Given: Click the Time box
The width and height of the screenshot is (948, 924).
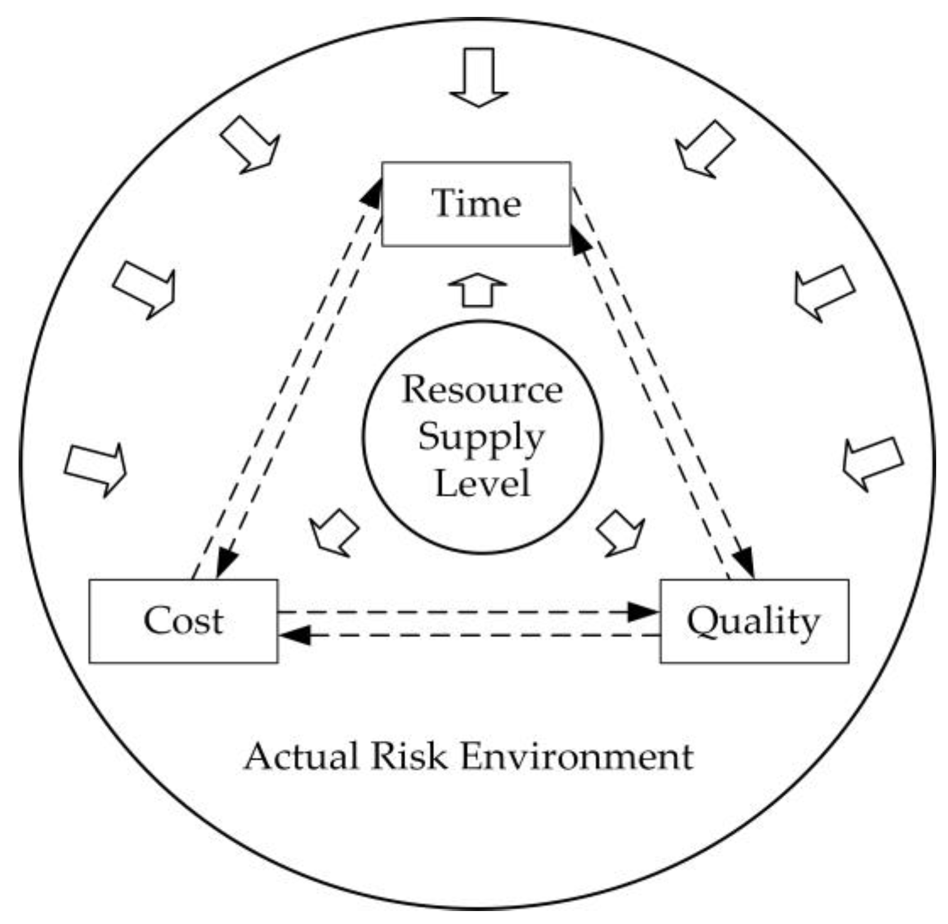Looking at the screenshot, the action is (x=476, y=204).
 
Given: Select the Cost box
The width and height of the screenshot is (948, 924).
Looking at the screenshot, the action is (x=183, y=621).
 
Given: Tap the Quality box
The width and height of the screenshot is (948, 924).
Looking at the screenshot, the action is (x=754, y=621).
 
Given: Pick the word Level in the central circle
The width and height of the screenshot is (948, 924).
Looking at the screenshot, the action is (x=482, y=483).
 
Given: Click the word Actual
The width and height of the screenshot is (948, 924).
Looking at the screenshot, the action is (x=301, y=757).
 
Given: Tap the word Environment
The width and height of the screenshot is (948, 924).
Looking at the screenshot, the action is (x=577, y=757).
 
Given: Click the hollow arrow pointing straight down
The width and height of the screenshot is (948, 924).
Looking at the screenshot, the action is (x=479, y=78).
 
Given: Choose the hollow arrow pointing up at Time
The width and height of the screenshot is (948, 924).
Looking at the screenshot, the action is (x=477, y=291).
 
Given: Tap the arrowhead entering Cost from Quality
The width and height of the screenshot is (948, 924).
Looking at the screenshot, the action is (x=296, y=635).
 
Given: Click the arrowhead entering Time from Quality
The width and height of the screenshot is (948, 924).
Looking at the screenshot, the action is (x=580, y=237).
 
